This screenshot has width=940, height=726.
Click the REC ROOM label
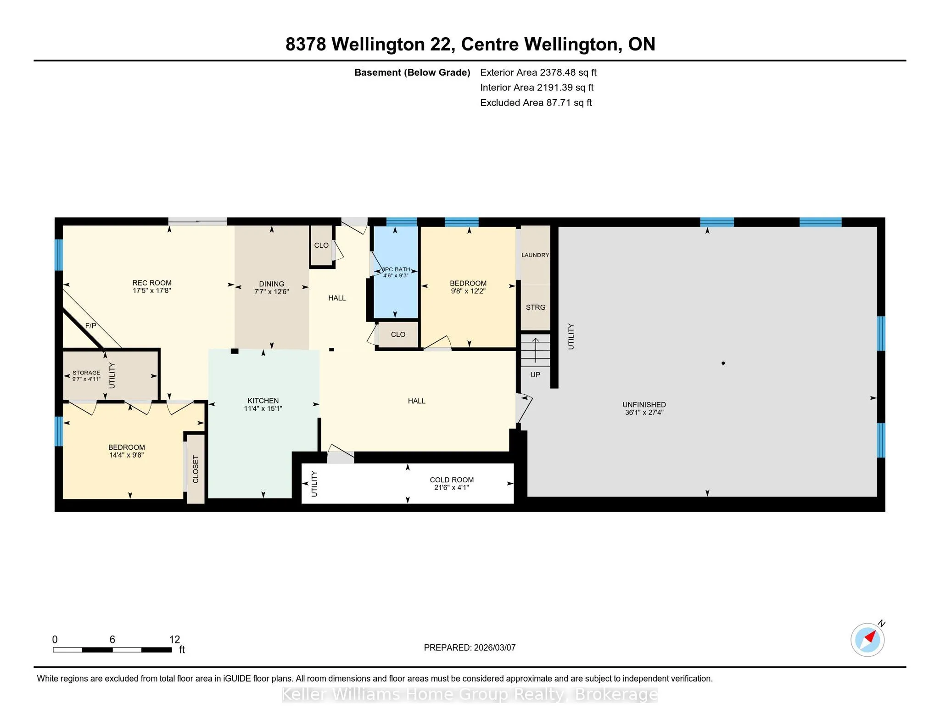tap(152, 283)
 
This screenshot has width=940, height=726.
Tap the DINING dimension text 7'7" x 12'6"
tap(272, 292)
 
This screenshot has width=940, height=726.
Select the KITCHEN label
tap(263, 401)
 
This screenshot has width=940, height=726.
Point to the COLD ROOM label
tap(452, 480)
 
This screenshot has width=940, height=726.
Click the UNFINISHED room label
tap(644, 404)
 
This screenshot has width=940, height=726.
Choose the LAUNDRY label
tap(535, 255)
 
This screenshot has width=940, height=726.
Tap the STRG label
tap(536, 307)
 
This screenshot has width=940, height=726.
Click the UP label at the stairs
tap(535, 374)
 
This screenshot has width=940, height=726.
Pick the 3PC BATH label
tap(396, 269)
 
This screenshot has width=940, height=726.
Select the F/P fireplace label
tap(91, 325)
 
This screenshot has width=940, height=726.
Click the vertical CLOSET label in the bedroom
tap(196, 469)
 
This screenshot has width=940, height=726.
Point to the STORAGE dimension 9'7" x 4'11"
tap(86, 379)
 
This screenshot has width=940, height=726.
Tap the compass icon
tap(867, 639)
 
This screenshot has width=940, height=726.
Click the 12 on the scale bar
tap(174, 639)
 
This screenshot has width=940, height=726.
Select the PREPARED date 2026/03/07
tap(495, 648)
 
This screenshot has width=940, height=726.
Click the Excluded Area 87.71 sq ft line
tap(536, 103)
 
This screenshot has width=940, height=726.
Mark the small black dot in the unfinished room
tap(723, 363)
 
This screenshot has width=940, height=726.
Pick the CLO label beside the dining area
tap(321, 246)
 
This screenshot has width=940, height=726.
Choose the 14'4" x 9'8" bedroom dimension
tap(127, 455)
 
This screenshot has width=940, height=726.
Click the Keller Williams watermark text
tap(470, 694)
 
